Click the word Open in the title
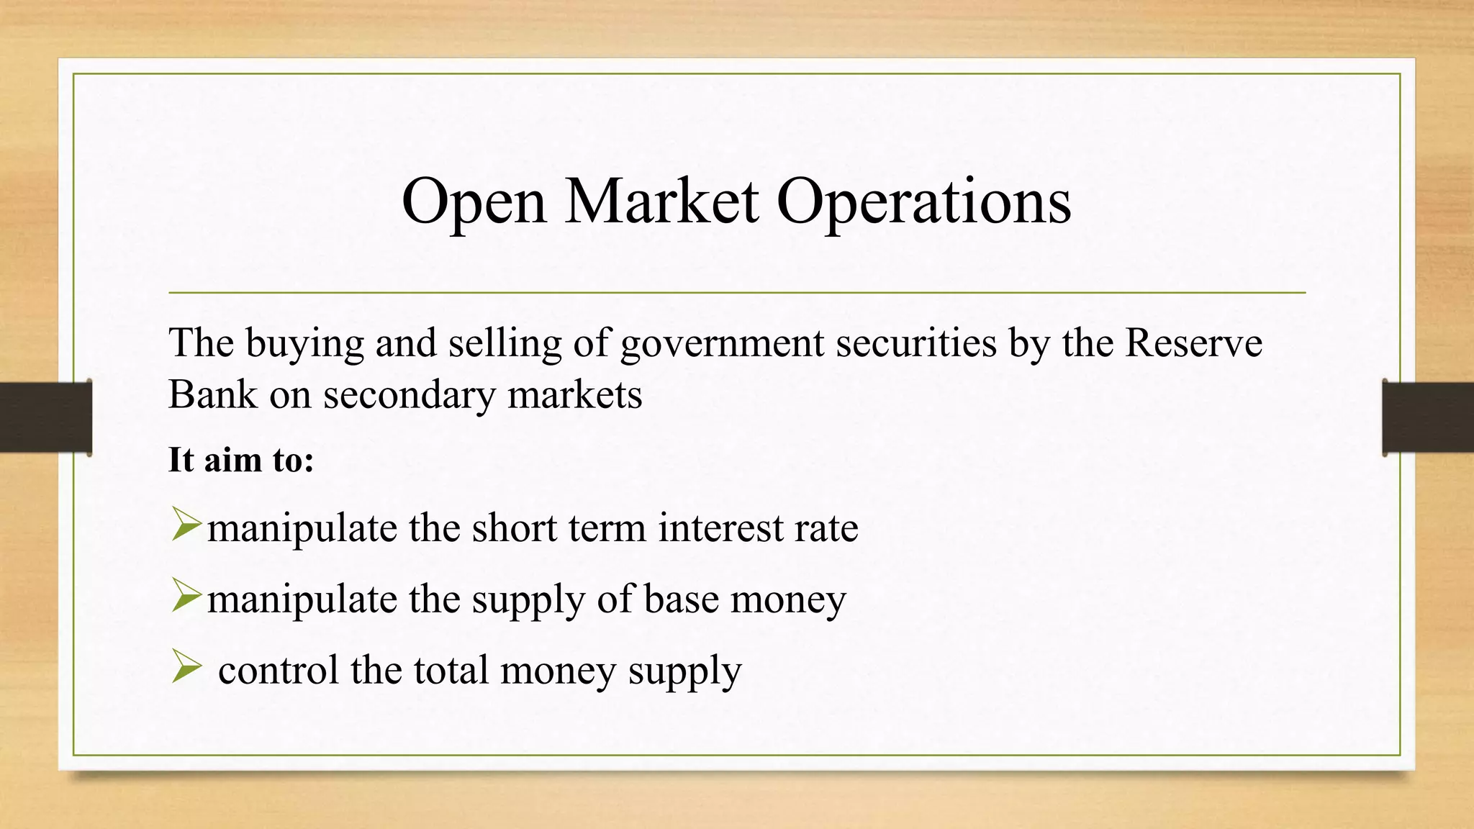(474, 202)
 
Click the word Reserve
(1193, 343)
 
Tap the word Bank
(212, 394)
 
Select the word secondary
(409, 395)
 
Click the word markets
(574, 395)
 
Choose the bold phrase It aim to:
(241, 460)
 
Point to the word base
(681, 599)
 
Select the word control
(279, 670)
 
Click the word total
(451, 670)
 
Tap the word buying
(304, 344)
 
